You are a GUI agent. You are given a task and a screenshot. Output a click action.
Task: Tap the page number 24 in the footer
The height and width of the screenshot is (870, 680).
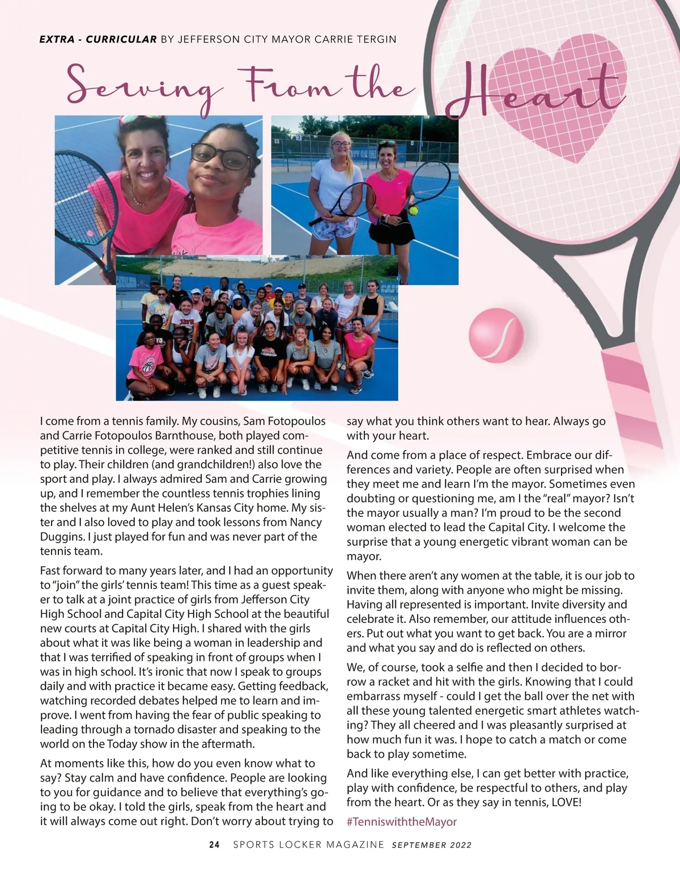pos(214,844)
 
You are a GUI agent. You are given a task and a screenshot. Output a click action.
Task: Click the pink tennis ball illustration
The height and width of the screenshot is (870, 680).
pos(496,335)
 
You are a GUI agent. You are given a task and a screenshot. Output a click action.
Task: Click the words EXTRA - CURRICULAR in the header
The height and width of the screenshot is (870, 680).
pos(98,39)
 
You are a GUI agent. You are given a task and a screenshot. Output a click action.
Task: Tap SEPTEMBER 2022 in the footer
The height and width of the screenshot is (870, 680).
pos(431,845)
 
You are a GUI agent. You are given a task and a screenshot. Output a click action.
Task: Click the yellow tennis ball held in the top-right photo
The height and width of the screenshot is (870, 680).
pos(414,210)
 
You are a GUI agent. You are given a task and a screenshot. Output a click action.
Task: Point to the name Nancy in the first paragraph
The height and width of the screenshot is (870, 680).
pos(305,522)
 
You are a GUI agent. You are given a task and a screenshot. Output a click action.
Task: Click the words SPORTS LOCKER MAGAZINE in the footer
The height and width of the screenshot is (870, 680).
pos(309,844)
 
